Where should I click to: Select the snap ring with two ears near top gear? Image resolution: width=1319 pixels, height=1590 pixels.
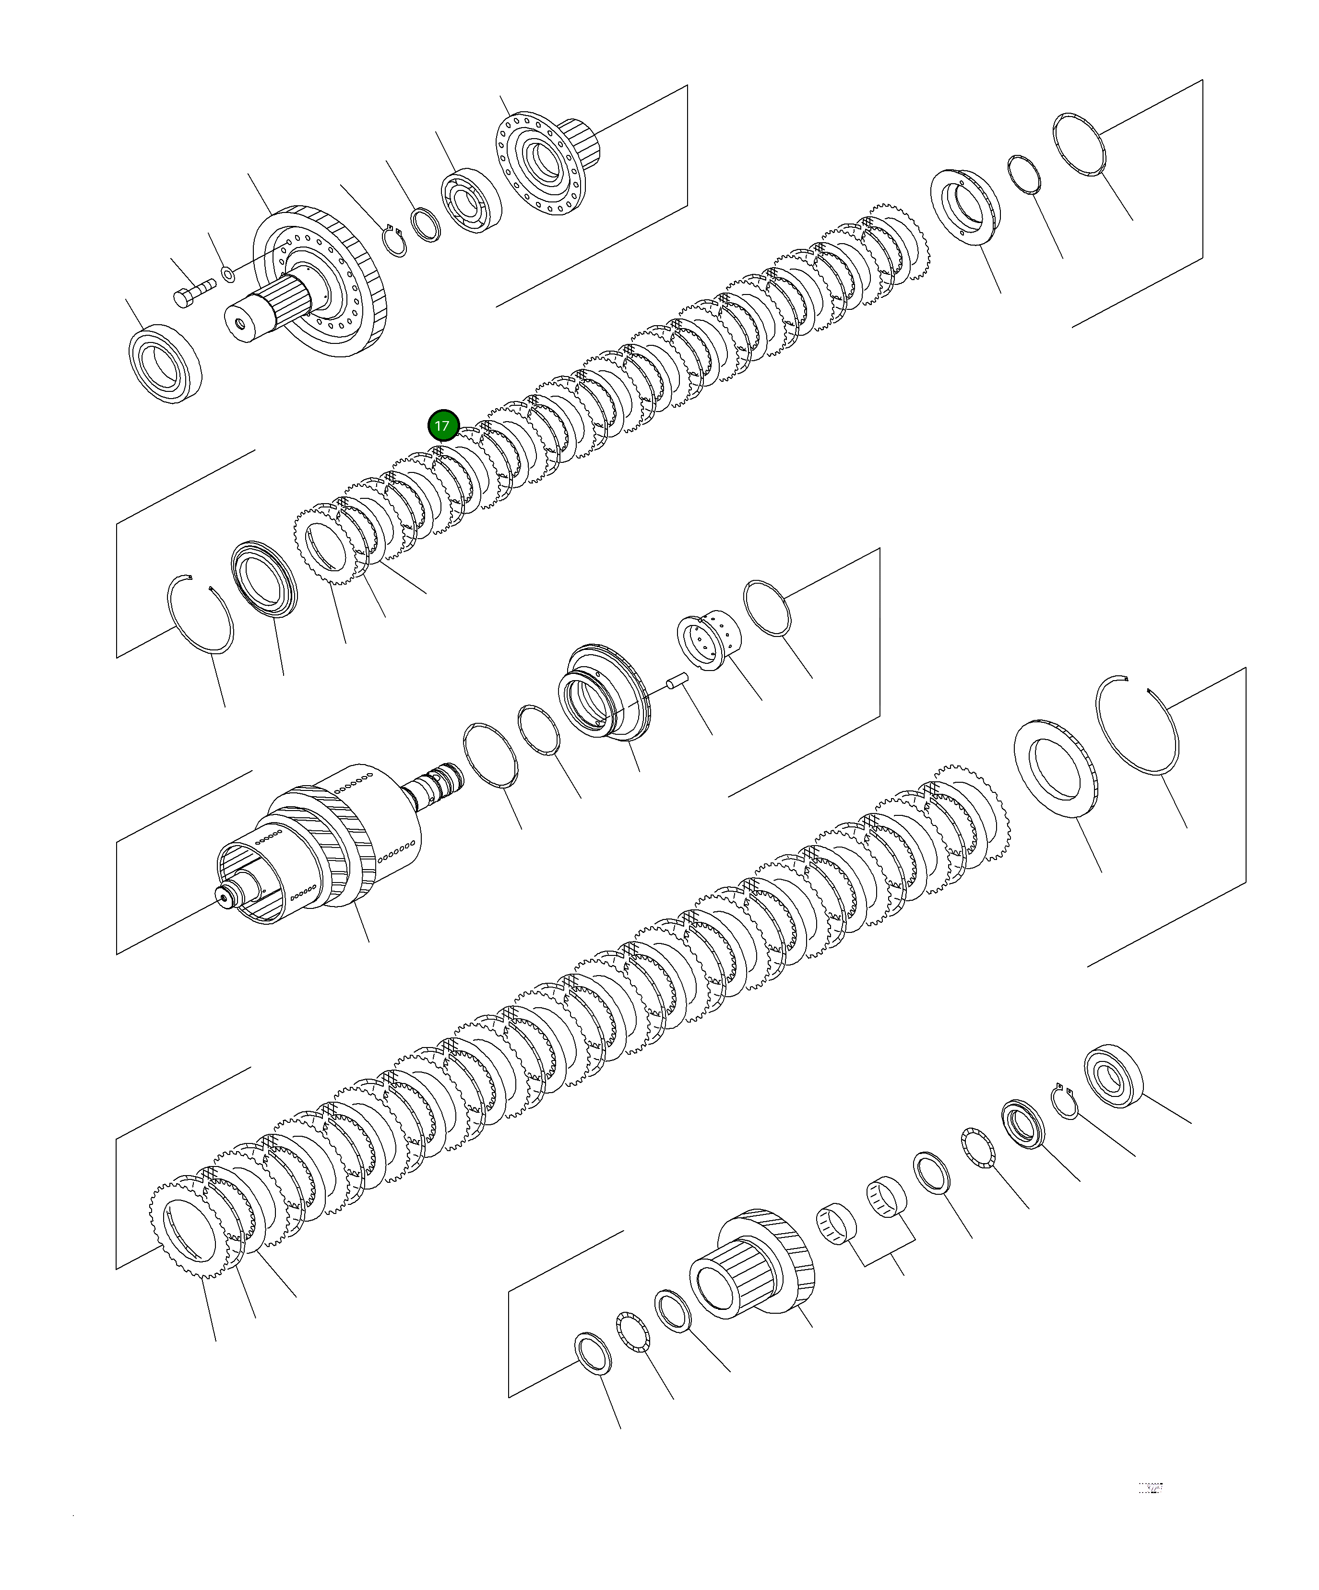tap(394, 242)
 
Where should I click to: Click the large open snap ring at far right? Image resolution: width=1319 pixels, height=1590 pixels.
tap(1139, 725)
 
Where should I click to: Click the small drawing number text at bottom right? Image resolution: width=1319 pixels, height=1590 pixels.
tap(1150, 1488)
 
